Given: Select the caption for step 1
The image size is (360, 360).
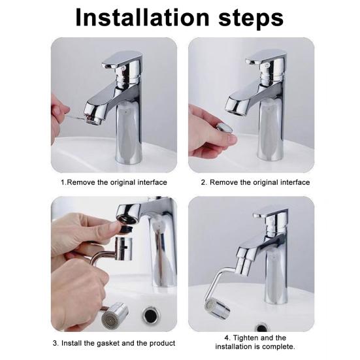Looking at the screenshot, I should [x=114, y=182].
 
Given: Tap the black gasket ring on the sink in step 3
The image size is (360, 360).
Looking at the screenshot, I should [x=152, y=316].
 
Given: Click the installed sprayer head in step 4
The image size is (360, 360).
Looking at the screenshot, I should [x=214, y=304].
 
